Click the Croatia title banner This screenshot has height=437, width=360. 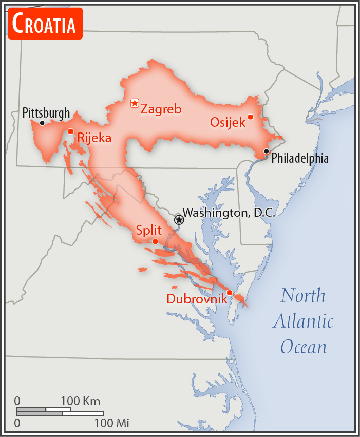coord(45,24)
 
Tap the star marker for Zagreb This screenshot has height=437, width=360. coord(135,103)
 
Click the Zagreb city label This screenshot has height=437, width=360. coord(161,109)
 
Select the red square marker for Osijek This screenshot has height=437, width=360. coord(251,117)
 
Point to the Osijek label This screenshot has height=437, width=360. coord(228,123)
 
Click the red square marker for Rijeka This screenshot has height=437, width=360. coord(71,131)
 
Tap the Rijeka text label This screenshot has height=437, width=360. coord(94,138)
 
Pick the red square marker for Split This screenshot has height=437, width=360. coord(156,241)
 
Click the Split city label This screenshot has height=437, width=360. coord(149,230)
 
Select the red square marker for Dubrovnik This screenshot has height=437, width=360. coord(230,293)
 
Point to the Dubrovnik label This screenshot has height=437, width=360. coord(197,298)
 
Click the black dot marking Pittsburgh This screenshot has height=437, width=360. coord(42,123)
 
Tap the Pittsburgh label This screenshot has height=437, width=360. coord(46,112)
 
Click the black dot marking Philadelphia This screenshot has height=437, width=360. coord(266,151)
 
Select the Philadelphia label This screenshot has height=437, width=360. coord(300,158)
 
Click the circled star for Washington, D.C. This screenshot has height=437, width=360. coord(179,220)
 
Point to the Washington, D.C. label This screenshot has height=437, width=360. coord(229,213)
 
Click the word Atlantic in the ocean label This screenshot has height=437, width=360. coord(303,321)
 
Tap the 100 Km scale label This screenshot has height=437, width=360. coord(81,401)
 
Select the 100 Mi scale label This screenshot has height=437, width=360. coord(111,423)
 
